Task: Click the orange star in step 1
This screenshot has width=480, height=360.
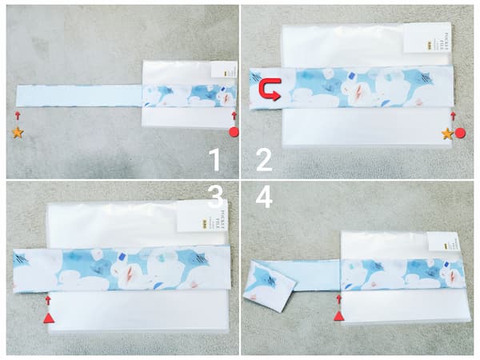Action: [18, 133]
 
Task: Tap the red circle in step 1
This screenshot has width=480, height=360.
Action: [234, 133]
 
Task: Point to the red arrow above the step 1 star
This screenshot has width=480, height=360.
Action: [18, 116]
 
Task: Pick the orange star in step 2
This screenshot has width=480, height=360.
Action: [447, 134]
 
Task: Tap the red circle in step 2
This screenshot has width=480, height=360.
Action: [460, 134]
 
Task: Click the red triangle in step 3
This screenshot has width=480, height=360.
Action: [48, 318]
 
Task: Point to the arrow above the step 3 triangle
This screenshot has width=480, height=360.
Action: [48, 300]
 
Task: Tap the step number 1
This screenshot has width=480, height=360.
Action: [214, 160]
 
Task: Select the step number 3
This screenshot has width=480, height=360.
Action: [214, 198]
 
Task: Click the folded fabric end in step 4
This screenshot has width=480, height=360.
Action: [270, 285]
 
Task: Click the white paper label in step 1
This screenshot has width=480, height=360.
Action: [225, 73]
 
